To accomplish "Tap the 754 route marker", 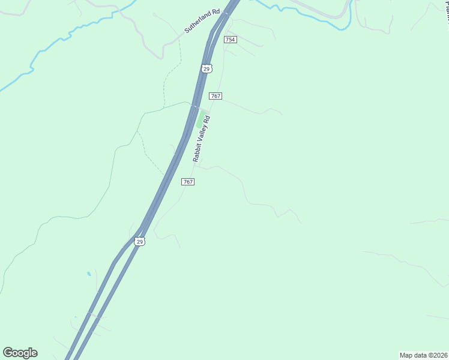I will click(231, 40).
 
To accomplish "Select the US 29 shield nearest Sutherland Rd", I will click(206, 69).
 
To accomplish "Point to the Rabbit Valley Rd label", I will click(203, 139).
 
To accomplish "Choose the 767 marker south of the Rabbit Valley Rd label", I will click(187, 182).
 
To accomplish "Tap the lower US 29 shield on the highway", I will click(139, 242).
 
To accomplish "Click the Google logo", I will click(20, 353).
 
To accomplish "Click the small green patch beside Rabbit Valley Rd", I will click(200, 121).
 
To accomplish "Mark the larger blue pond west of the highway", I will click(89, 274).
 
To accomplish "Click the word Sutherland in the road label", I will click(194, 24).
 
